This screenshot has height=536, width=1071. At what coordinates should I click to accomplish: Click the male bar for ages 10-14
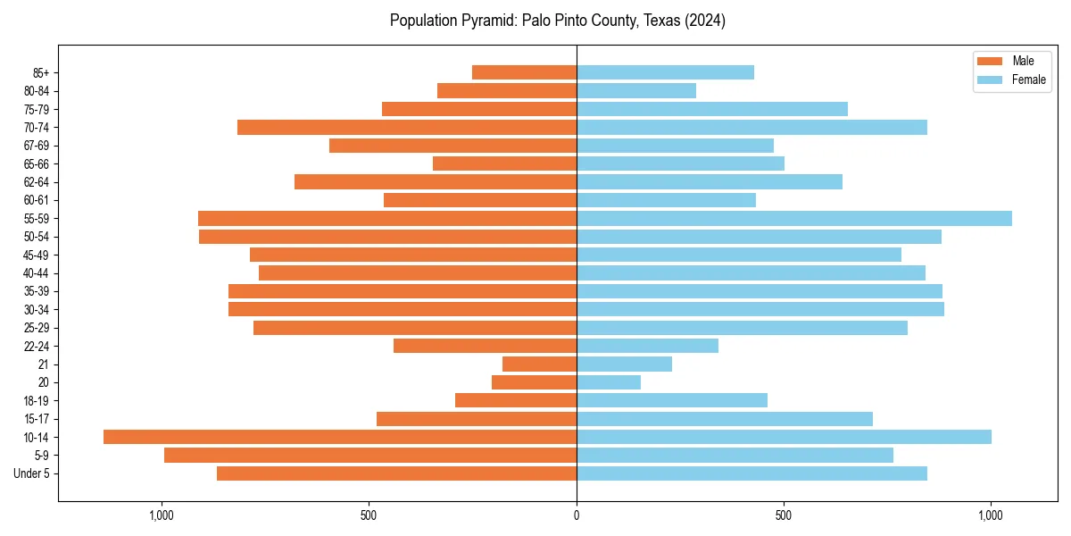340,437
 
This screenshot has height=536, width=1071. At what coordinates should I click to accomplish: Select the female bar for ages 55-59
794,219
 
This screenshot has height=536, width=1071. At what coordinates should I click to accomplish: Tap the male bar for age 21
539,364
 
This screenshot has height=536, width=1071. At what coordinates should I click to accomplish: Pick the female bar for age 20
609,382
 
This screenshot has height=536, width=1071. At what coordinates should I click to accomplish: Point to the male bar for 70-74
407,128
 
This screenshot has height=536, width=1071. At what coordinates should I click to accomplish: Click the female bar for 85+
665,72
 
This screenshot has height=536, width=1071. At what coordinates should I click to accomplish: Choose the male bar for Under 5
396,473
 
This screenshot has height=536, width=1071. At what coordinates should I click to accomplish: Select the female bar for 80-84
636,90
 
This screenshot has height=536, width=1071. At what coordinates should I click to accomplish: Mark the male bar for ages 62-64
436,182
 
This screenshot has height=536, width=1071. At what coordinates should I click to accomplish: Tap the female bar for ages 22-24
647,346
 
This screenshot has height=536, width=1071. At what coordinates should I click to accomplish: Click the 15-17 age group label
37,419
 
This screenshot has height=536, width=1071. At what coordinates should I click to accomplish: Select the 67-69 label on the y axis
37,146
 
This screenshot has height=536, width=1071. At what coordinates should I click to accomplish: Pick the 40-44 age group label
37,273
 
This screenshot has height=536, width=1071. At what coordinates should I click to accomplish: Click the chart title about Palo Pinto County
558,21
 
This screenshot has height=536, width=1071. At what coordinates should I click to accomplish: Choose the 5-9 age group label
42,456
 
